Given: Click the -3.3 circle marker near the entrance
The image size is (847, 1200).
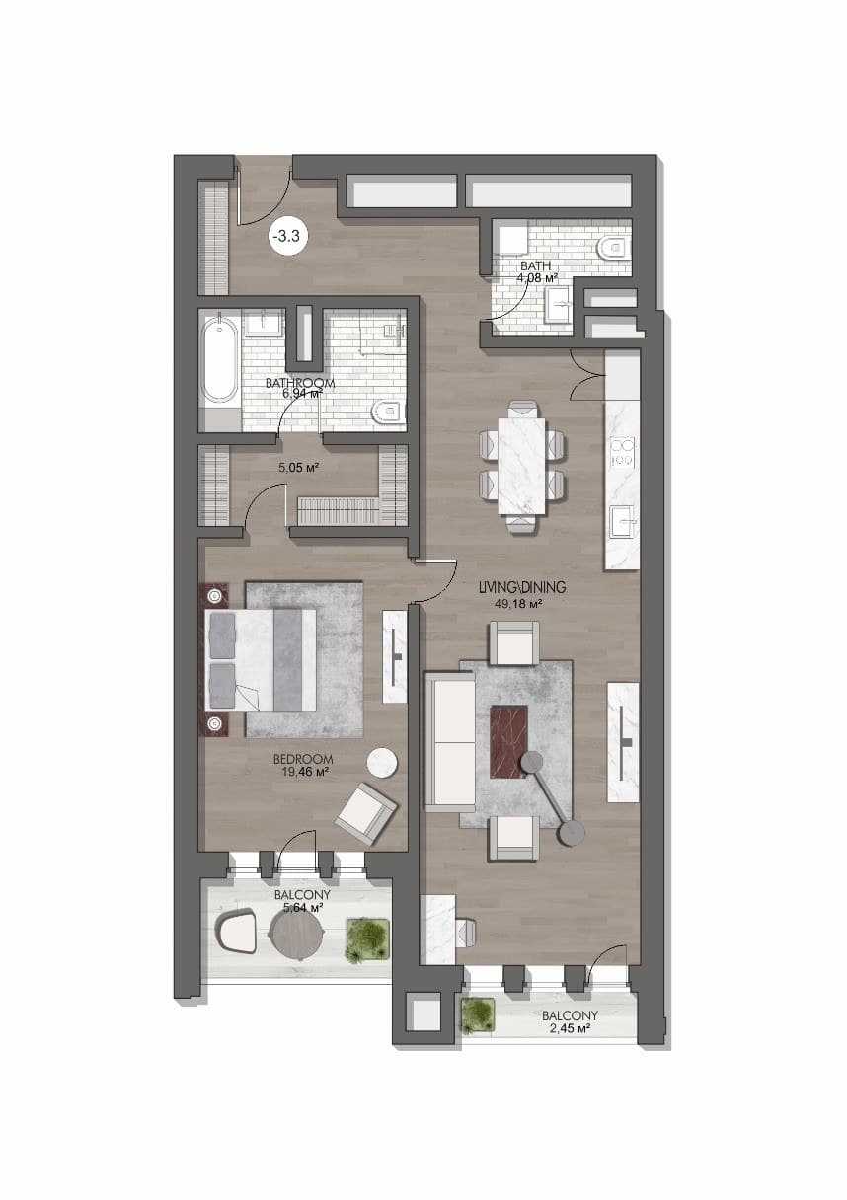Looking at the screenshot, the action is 290,236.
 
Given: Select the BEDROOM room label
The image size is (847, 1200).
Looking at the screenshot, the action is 303,760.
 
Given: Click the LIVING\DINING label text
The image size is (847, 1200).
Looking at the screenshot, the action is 522,587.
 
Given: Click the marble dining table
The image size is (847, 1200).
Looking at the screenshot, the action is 522,466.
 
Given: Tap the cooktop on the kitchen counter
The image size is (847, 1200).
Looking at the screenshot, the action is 623,452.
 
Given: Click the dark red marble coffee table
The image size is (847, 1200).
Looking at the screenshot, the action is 509,742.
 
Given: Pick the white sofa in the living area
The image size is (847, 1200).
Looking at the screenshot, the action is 450,742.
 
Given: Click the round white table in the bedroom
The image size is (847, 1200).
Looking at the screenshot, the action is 382,762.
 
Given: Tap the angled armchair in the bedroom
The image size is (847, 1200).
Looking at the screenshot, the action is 366,815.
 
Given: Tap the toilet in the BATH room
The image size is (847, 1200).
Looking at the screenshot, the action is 614,248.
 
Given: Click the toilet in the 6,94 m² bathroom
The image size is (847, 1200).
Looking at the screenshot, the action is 389,411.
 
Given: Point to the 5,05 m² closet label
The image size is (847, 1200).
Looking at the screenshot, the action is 299,468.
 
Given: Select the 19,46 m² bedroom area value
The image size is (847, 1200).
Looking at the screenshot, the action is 304,772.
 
